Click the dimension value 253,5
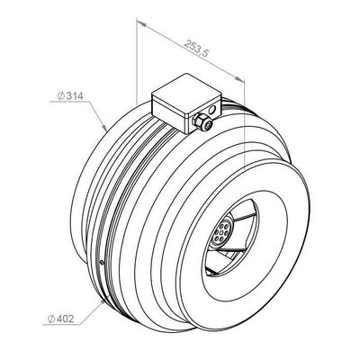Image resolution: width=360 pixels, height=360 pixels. [196, 48]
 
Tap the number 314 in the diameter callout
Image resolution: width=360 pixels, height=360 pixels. [75, 96]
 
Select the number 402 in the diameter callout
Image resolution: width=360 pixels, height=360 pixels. [65, 319]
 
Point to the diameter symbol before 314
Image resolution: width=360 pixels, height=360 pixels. [60, 96]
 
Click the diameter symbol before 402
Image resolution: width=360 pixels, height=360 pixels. [50, 319]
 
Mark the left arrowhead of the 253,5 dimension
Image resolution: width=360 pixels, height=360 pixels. [140, 22]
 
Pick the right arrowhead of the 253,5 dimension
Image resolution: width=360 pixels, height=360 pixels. [239, 78]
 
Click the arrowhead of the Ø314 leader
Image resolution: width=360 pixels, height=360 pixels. [104, 128]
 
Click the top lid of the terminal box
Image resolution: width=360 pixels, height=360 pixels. [186, 93]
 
